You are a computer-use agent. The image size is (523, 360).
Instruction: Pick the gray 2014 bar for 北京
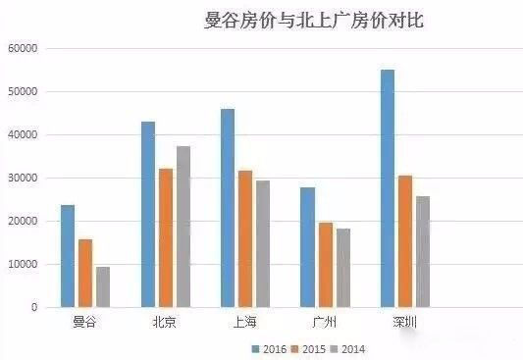pos(183,227)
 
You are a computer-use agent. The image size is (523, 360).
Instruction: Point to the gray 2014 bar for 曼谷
pos(103,286)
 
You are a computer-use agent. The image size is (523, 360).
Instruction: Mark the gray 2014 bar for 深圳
pos(423,251)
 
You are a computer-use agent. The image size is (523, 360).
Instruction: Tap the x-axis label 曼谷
pos(85,322)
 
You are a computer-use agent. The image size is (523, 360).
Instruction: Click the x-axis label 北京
pos(165,322)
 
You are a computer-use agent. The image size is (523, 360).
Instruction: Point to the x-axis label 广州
pos(325,322)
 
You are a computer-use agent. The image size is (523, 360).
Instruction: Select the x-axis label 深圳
pos(404,322)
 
